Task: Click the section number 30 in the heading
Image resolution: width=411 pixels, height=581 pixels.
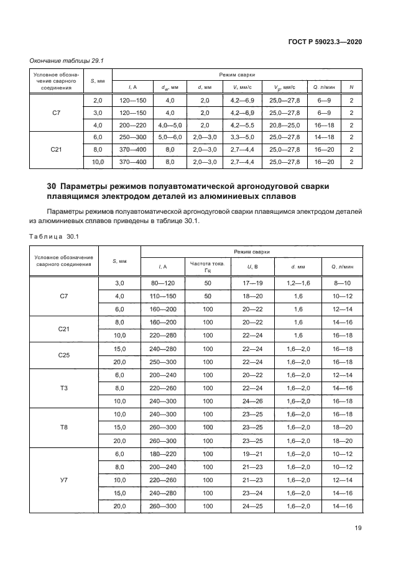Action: click(52, 186)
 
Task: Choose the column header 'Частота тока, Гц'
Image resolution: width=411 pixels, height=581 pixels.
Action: click(208, 267)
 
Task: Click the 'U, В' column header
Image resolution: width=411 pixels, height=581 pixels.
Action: click(252, 267)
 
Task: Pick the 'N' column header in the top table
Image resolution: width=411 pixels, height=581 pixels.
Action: click(351, 87)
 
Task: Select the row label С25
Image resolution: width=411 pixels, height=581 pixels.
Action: click(63, 355)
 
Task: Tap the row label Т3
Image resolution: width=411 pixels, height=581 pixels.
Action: click(63, 388)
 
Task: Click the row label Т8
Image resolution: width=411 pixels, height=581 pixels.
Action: click(63, 428)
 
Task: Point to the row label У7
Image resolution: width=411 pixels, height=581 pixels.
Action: click(63, 480)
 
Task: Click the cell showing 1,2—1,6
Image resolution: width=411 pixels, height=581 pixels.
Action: click(297, 283)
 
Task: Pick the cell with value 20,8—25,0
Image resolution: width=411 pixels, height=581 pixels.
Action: click(285, 124)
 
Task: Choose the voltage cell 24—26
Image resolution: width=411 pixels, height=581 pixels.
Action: click(252, 401)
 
